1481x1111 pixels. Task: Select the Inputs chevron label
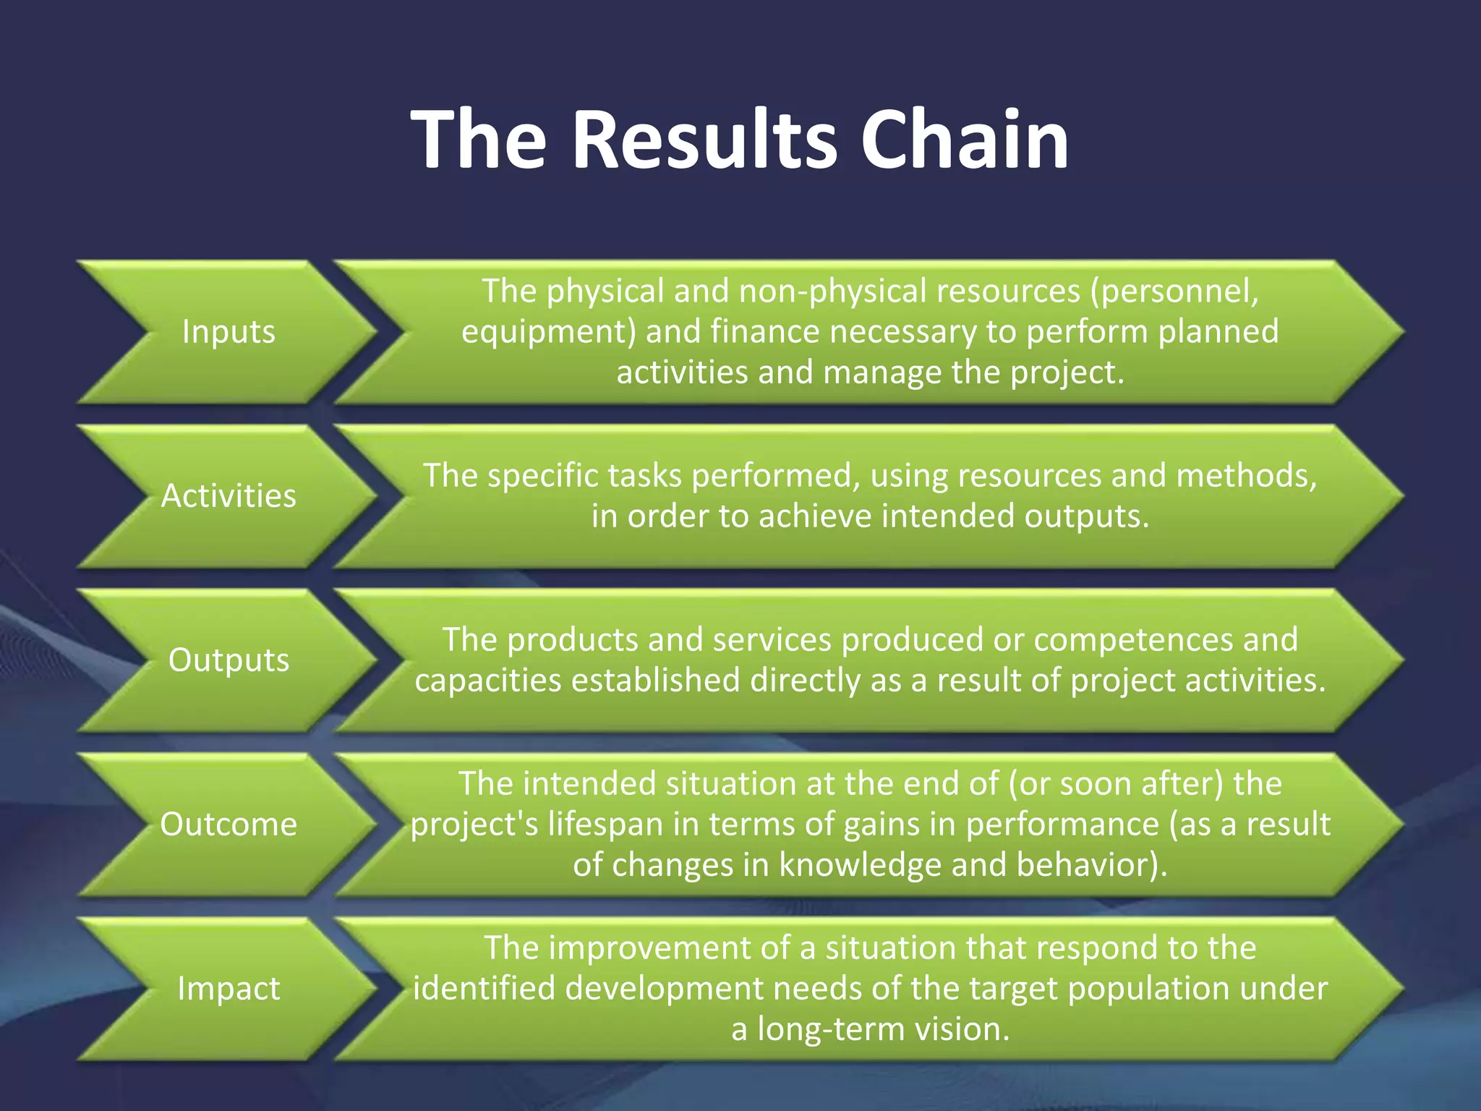tap(229, 332)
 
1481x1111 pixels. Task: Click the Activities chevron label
tap(229, 496)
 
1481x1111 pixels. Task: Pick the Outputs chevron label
tap(229, 660)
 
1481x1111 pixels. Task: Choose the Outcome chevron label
tap(229, 825)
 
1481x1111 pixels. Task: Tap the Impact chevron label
tap(229, 989)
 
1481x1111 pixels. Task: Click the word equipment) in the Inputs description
tap(548, 332)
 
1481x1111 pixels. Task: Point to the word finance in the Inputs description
tap(764, 331)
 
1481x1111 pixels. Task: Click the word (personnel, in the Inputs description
tap(1175, 291)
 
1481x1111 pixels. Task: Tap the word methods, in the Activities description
tap(1247, 476)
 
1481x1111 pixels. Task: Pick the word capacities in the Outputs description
tap(488, 681)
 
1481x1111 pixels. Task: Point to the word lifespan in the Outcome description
tap(605, 825)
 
